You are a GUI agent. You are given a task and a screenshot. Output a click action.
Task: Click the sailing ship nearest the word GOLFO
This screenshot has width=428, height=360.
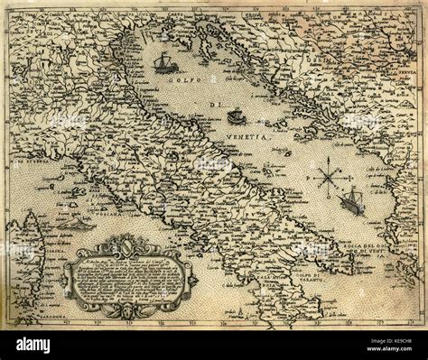(x=164, y=62)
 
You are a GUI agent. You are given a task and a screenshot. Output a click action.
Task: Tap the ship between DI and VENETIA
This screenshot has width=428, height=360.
(x=237, y=116)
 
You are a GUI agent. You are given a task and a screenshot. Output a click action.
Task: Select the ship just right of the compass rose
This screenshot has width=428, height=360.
(x=351, y=202)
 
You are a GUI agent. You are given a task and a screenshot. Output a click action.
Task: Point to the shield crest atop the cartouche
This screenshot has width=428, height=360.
(x=129, y=243)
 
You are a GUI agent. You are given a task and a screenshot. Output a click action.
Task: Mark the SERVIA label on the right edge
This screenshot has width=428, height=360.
(x=409, y=68)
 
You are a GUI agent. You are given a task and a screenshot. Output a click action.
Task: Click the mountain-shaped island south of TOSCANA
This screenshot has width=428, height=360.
(x=78, y=223)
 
